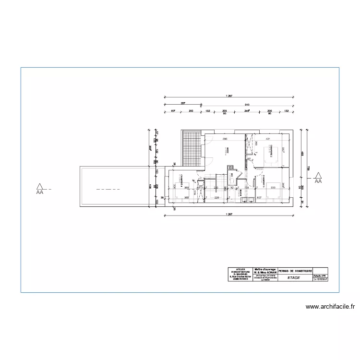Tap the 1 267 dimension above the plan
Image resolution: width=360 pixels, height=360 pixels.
[228, 96]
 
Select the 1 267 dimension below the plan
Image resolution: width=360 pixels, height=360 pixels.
[228, 213]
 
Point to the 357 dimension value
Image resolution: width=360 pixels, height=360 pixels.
[183, 104]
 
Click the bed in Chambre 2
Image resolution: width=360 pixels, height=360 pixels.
[272, 153]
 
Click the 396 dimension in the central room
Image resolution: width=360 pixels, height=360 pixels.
[224, 139]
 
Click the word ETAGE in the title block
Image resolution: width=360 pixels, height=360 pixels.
[293, 278]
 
